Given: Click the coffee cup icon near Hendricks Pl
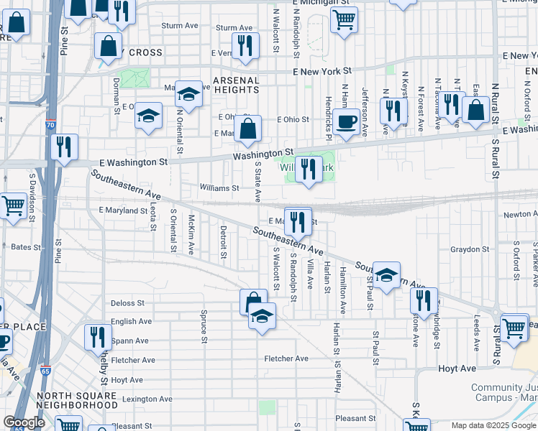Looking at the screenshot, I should (x=346, y=122).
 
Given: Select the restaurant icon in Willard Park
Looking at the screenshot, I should (x=309, y=170).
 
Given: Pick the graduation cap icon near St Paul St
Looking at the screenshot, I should (x=386, y=274).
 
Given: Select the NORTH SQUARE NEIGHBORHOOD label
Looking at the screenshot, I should (x=77, y=401).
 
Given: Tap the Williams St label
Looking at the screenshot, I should (x=219, y=188).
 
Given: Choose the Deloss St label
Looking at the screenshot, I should (x=127, y=303).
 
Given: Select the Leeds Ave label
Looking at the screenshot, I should (x=476, y=332).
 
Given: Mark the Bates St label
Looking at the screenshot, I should (x=26, y=246).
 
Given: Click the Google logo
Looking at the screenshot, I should (x=24, y=422).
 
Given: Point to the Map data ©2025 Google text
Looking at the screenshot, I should (x=493, y=425).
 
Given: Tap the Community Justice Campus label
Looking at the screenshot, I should (x=503, y=392).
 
